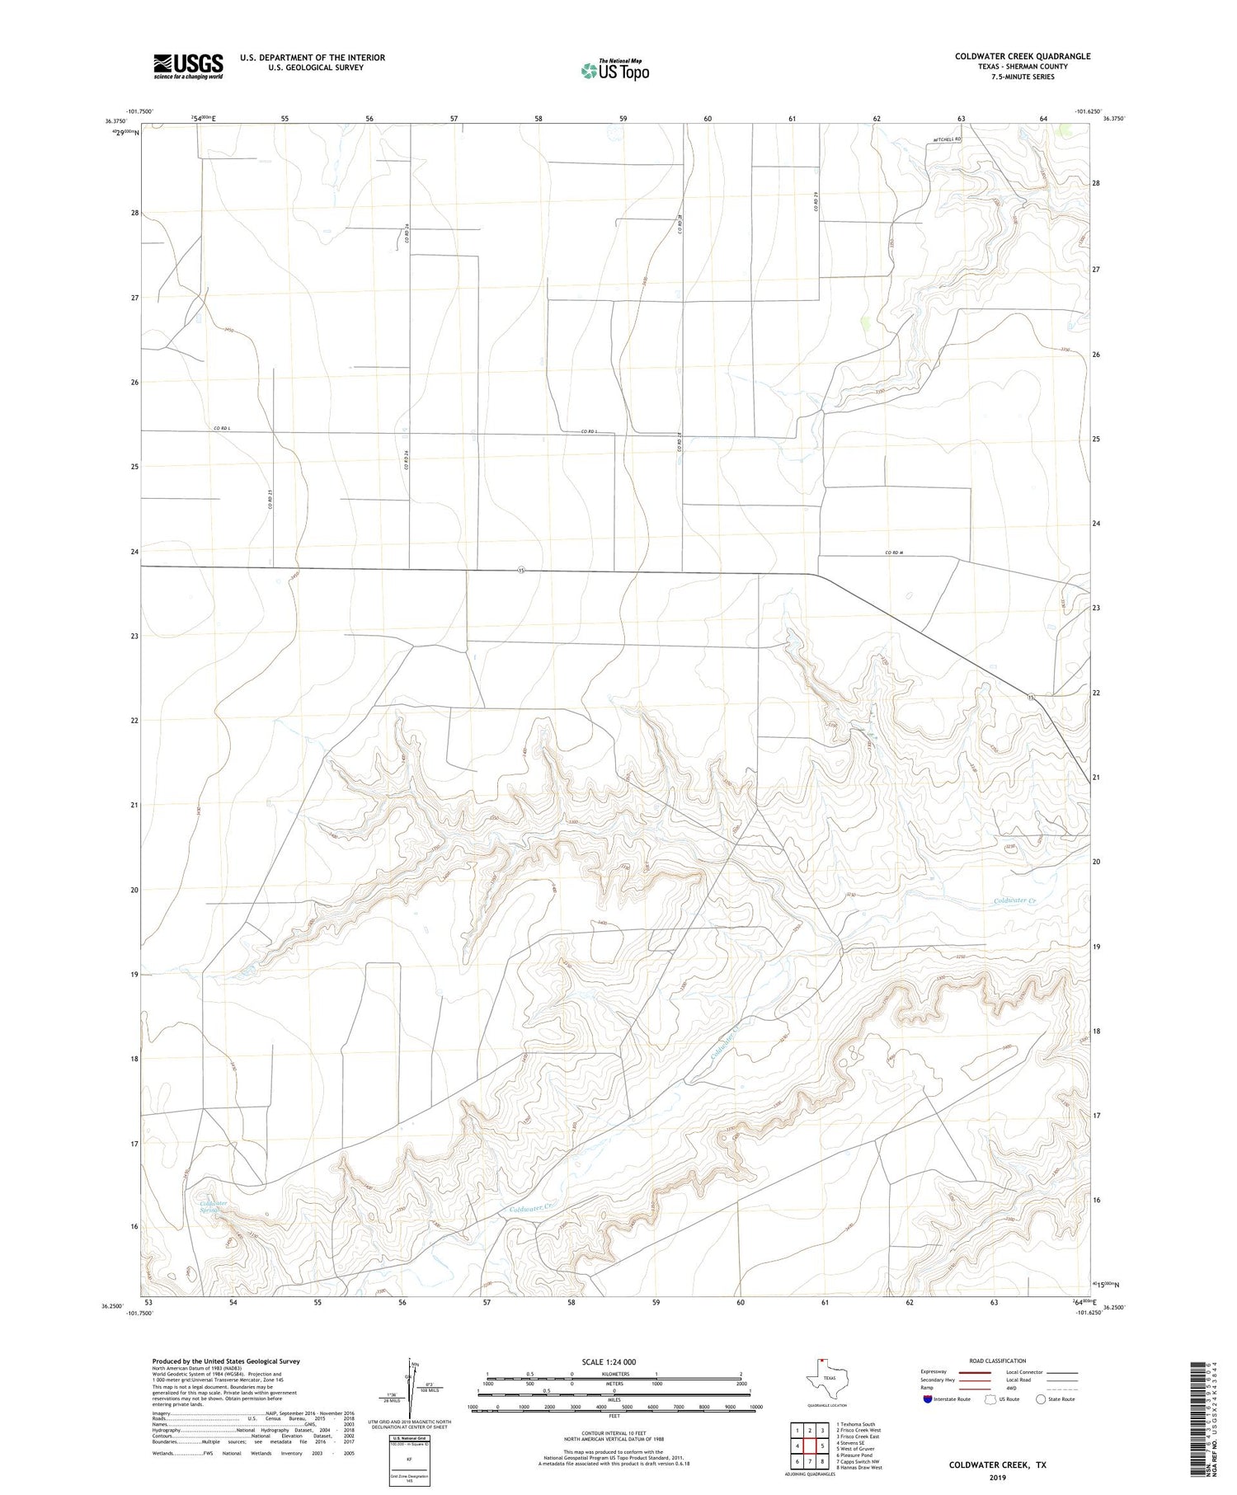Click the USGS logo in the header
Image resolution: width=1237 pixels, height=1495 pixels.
[188, 66]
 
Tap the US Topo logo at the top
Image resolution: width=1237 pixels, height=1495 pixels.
[615, 71]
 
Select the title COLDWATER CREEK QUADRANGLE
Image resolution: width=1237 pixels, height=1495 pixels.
[1023, 56]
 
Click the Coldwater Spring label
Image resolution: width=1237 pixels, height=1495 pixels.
[214, 1207]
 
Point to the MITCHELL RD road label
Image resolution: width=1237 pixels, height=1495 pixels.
[947, 139]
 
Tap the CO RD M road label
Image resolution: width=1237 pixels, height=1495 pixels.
[895, 552]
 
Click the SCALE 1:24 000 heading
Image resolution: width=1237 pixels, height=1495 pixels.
[609, 1362]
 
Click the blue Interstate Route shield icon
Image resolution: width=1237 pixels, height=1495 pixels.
[927, 1399]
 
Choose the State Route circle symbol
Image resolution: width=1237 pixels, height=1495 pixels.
[1041, 1399]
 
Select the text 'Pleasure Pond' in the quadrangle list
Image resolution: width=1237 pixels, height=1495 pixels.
[858, 1455]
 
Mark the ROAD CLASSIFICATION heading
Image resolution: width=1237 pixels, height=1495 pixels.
[998, 1361]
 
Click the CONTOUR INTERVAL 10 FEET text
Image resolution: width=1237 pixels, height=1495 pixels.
[614, 1436]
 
